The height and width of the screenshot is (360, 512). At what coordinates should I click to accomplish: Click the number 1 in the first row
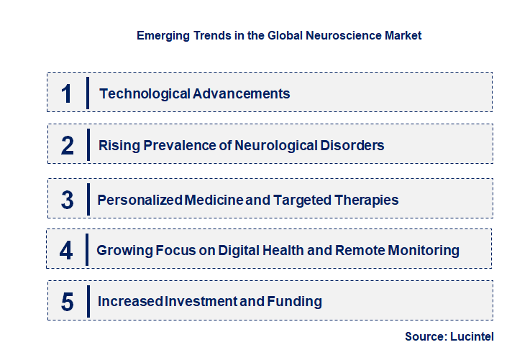point(67,93)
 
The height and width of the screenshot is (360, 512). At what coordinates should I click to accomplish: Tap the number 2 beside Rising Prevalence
point(68,146)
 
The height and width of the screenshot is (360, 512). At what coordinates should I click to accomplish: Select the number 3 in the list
point(68,200)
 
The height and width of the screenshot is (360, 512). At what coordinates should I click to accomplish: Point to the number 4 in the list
point(67,250)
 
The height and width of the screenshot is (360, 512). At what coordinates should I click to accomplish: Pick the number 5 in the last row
point(68,302)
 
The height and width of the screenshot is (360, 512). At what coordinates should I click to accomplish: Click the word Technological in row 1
point(135,93)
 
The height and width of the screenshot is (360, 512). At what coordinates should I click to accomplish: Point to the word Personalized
point(140,200)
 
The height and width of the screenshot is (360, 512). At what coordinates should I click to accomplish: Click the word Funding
point(295,302)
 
